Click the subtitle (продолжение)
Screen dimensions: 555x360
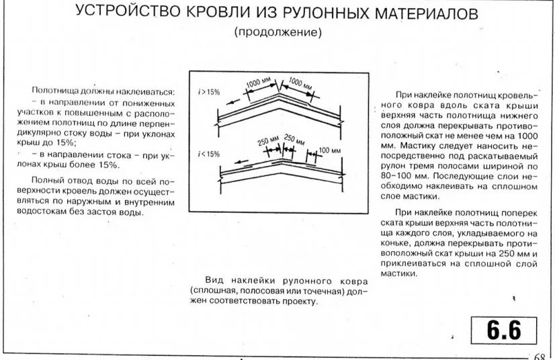tap(278, 32)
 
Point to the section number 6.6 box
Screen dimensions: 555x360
tap(504, 330)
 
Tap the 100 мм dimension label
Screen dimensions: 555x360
tap(329, 150)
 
